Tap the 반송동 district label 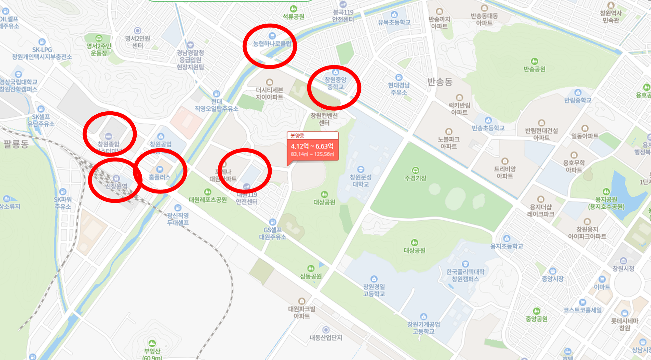pos(440,81)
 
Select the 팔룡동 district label pos(16,144)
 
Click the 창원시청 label pos(623,268)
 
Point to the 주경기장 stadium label pos(416,178)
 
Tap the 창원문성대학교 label pos(360,180)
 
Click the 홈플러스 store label pos(160,177)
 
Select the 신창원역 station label pos(116,186)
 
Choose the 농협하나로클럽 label pos(272,44)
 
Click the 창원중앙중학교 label pos(335,83)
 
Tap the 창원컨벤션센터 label pos(324,119)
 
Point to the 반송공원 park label pos(534,69)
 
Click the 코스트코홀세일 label pos(582,310)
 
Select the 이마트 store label pos(602,287)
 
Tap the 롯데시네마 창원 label pos(624,324)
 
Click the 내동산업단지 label pos(326,337)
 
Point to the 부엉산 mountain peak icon pos(152,343)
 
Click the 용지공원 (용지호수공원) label pos(606,203)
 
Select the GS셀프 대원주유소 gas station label pos(273,233)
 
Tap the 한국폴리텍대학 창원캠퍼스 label pos(465,275)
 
